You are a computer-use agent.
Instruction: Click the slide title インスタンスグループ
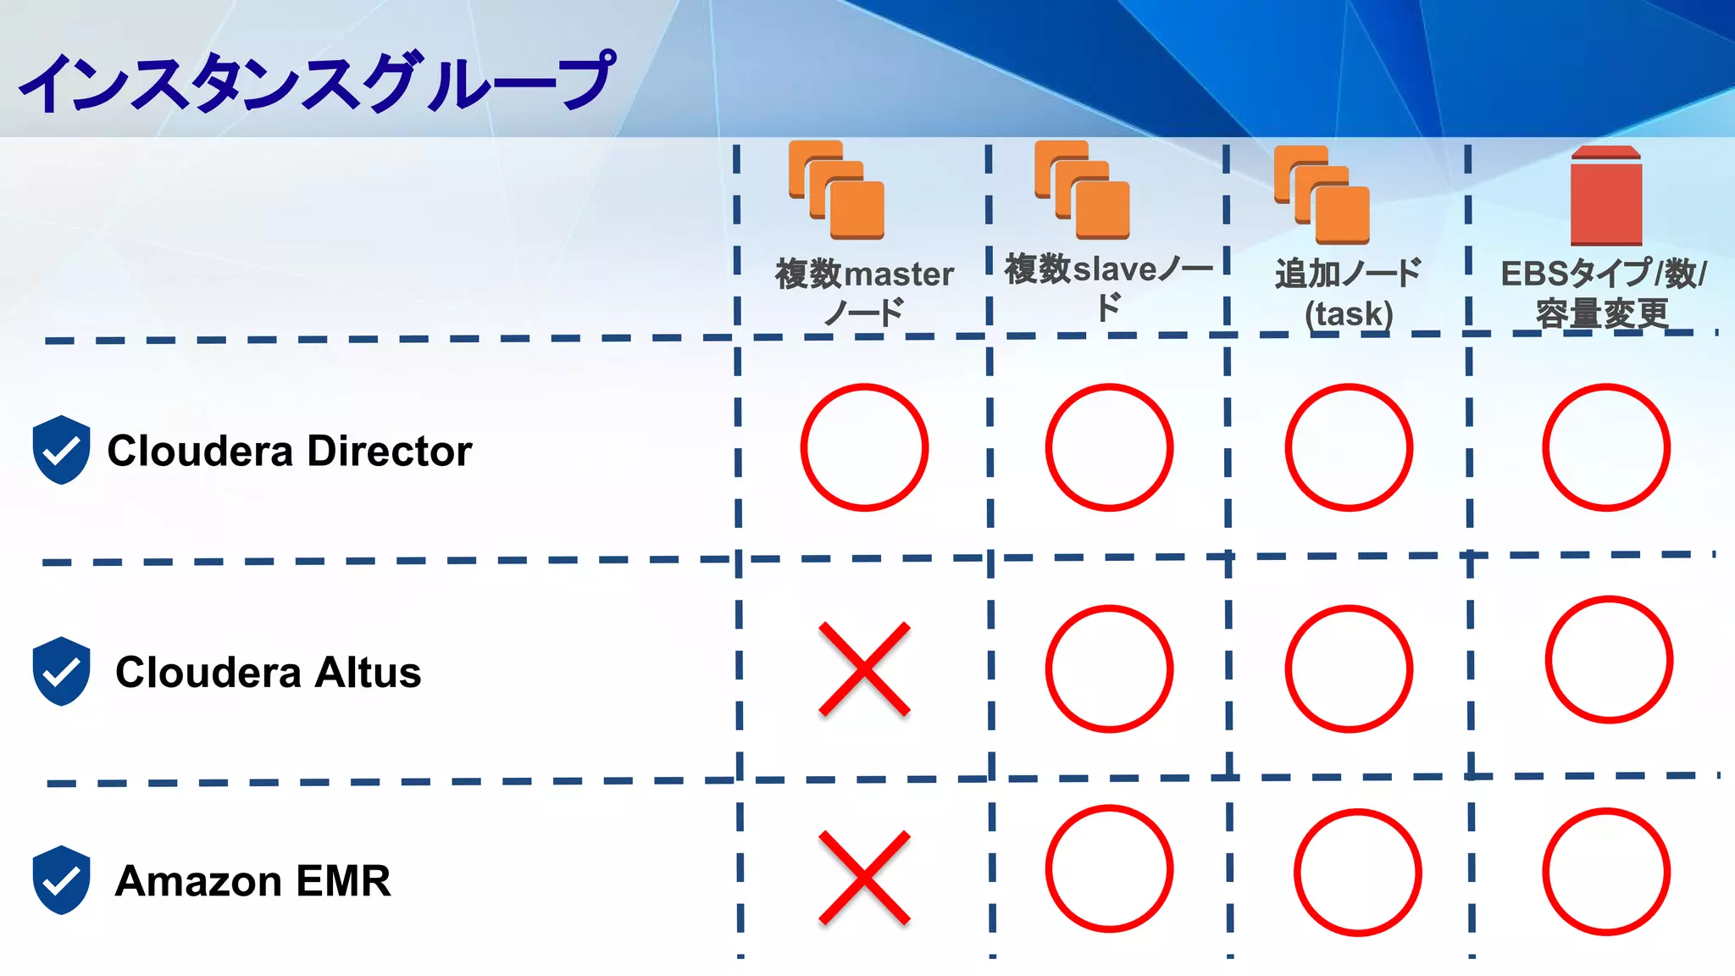(315, 82)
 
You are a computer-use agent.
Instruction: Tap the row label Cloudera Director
(289, 451)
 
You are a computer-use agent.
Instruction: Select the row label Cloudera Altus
(268, 673)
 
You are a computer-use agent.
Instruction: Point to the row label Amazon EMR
(252, 881)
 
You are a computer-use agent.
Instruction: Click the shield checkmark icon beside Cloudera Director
(61, 450)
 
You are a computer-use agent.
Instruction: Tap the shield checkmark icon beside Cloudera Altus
(61, 671)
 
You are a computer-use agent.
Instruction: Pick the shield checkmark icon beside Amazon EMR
(61, 880)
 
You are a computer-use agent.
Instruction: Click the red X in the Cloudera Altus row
(864, 669)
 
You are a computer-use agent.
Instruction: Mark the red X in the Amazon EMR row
(864, 878)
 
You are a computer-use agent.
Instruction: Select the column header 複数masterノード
(864, 292)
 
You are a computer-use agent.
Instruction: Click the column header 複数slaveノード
(1108, 286)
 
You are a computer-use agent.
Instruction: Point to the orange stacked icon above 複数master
(836, 190)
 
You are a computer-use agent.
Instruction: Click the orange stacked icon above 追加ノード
(1322, 194)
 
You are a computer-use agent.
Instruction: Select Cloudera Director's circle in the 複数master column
(864, 447)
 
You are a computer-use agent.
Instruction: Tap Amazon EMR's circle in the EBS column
(1605, 872)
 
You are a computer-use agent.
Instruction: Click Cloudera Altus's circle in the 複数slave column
(1109, 668)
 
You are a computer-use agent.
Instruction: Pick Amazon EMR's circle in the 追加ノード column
(1357, 873)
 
